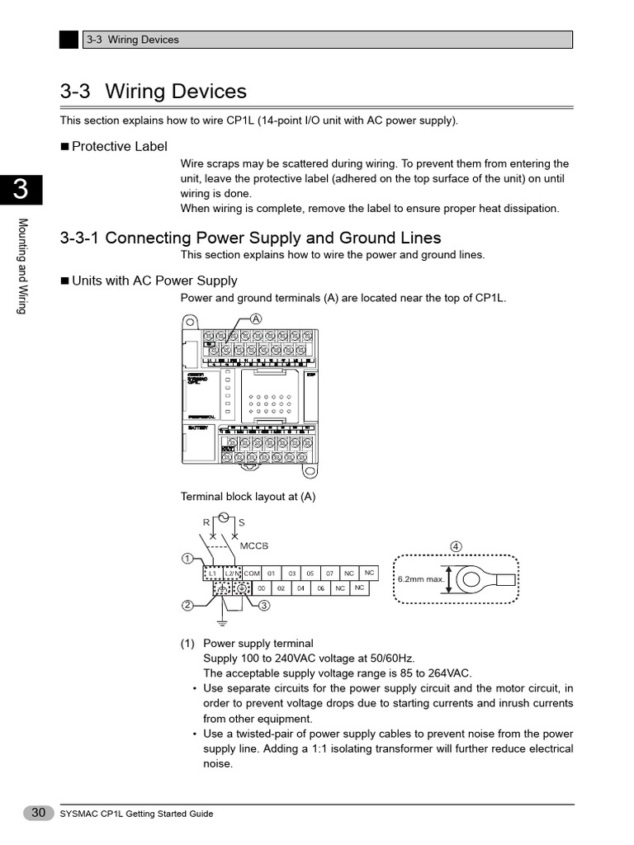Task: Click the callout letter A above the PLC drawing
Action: coord(256,319)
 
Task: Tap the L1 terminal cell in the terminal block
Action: coord(211,573)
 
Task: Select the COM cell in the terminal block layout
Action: coord(252,573)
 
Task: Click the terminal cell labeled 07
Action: coord(329,573)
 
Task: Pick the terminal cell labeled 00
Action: coord(261,588)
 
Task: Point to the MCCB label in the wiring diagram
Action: coord(254,546)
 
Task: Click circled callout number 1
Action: coord(187,559)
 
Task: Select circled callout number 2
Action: coord(187,606)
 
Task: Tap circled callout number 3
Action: coord(264,606)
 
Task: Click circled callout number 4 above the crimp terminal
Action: coord(456,546)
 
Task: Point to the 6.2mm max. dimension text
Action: coord(421,579)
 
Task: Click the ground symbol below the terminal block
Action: coord(221,619)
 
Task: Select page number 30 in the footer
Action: coord(38,813)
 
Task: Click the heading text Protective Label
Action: coord(119,147)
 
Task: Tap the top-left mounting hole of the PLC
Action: coord(190,323)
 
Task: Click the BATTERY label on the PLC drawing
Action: coord(198,428)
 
